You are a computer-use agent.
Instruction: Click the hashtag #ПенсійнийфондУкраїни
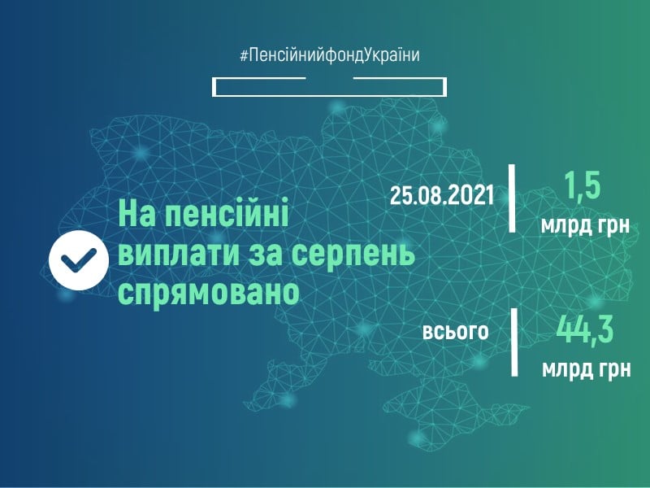coord(330,55)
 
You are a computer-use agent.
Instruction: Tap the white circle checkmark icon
coord(77,259)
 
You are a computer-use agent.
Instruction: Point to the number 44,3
coord(584,330)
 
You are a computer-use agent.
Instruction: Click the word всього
coord(455,332)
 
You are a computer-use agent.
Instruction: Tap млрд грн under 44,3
coord(585,368)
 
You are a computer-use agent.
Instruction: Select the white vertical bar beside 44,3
coord(513,342)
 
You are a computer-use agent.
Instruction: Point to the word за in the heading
coord(273,255)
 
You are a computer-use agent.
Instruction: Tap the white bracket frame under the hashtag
coord(330,87)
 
